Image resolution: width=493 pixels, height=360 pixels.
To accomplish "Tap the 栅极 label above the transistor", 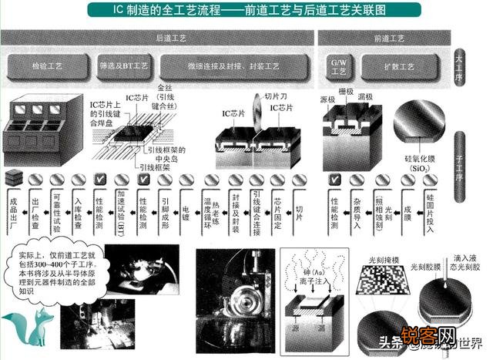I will tap(346, 92).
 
